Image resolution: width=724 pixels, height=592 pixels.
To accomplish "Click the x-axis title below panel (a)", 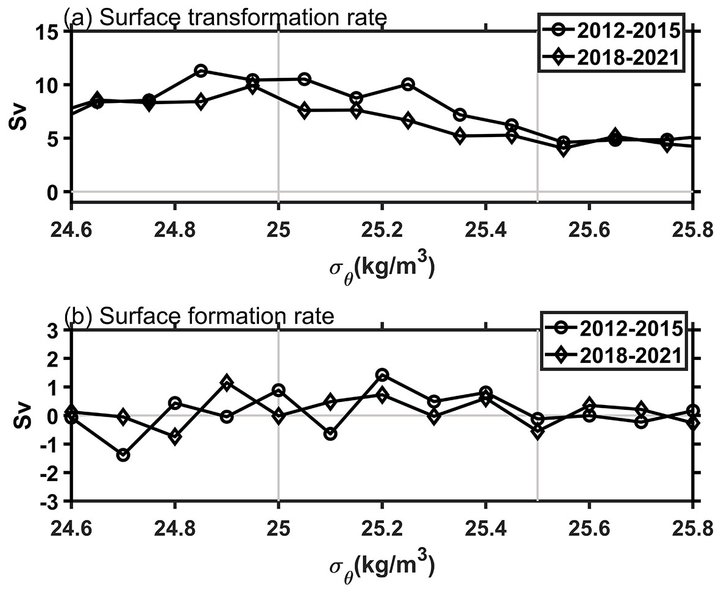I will pyautogui.click(x=382, y=267).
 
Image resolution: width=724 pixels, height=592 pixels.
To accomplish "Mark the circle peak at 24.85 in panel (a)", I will pyautogui.click(x=201, y=71).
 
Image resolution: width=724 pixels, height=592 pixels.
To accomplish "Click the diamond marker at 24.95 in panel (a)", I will pyautogui.click(x=253, y=86).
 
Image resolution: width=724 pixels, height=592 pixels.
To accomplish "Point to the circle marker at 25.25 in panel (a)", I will pyautogui.click(x=408, y=84).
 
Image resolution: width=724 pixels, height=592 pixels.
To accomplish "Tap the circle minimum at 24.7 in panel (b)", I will pyautogui.click(x=123, y=455).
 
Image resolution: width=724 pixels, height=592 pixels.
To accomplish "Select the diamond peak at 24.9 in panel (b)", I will pyautogui.click(x=227, y=383).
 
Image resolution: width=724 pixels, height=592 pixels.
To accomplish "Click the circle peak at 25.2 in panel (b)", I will pyautogui.click(x=382, y=375).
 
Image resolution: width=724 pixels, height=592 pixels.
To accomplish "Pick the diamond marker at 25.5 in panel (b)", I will pyautogui.click(x=537, y=431).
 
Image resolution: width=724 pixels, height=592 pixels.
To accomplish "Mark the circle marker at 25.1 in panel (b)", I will pyautogui.click(x=330, y=434).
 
